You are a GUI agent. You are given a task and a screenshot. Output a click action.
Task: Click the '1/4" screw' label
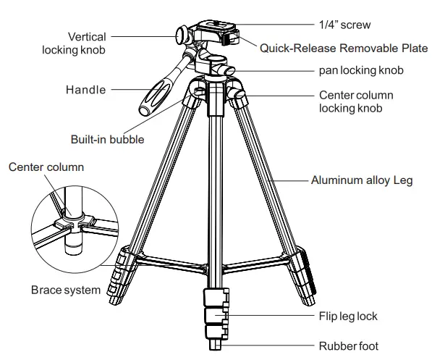[x=344, y=25]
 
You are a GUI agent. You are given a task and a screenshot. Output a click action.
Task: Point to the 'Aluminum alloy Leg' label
[x=361, y=180]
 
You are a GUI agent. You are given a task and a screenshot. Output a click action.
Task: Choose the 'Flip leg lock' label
[x=348, y=317]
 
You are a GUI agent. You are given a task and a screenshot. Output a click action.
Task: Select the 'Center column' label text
[x=46, y=167]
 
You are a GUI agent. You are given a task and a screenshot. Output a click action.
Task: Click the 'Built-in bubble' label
[x=106, y=139]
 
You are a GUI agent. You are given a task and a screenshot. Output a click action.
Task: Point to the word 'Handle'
[x=85, y=91]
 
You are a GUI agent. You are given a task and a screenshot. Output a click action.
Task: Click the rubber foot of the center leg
[x=215, y=348]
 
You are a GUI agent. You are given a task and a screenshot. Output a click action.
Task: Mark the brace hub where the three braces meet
[x=215, y=255]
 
